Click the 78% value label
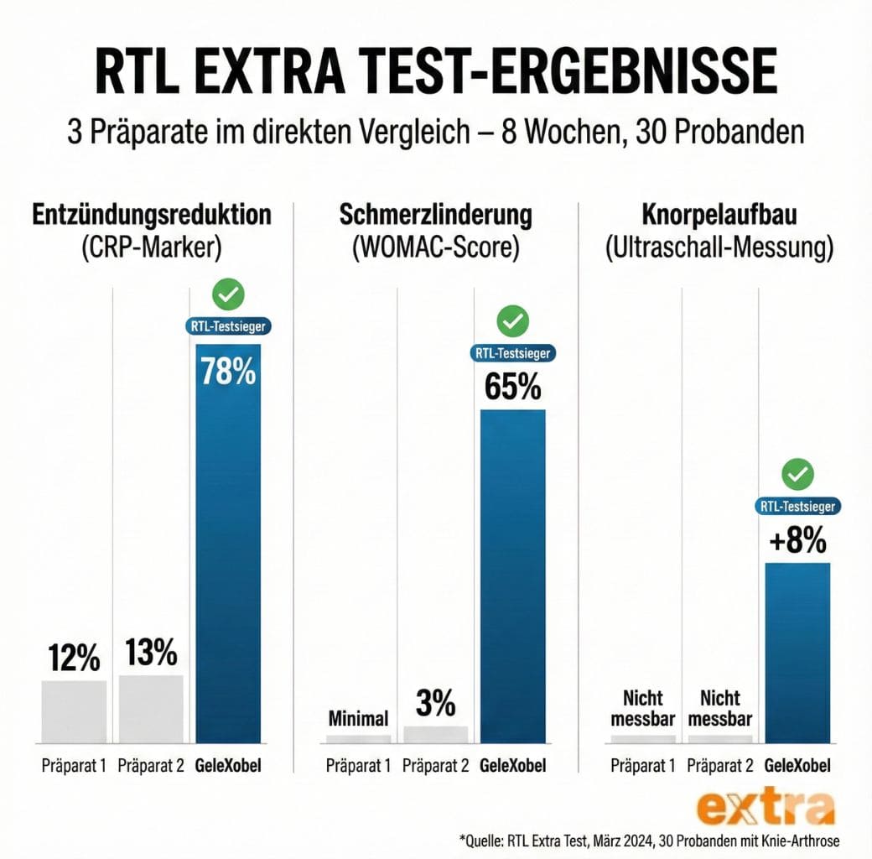(227, 371)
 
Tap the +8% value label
(797, 540)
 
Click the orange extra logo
(766, 808)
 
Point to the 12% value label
(74, 659)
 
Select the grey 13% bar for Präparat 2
(151, 708)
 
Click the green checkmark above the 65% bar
(512, 320)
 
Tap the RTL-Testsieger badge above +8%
(797, 506)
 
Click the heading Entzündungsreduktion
(152, 214)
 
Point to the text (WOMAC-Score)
(435, 247)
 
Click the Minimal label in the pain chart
(358, 718)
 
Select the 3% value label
(435, 703)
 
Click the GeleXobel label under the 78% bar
(228, 765)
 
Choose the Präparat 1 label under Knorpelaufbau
(643, 765)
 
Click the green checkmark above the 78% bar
(227, 295)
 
